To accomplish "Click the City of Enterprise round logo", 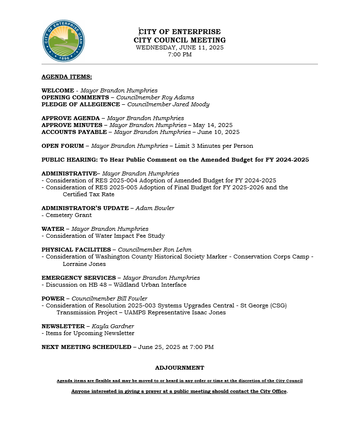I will [64, 41].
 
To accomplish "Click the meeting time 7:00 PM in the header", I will [180, 54].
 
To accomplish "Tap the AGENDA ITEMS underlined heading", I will [66, 77].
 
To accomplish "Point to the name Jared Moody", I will [190, 104].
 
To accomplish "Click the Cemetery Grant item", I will [68, 215].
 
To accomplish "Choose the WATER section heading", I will [53, 229].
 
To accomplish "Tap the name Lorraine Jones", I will [84, 263].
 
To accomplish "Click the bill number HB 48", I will [98, 284].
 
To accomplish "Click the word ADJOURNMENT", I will [180, 368].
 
